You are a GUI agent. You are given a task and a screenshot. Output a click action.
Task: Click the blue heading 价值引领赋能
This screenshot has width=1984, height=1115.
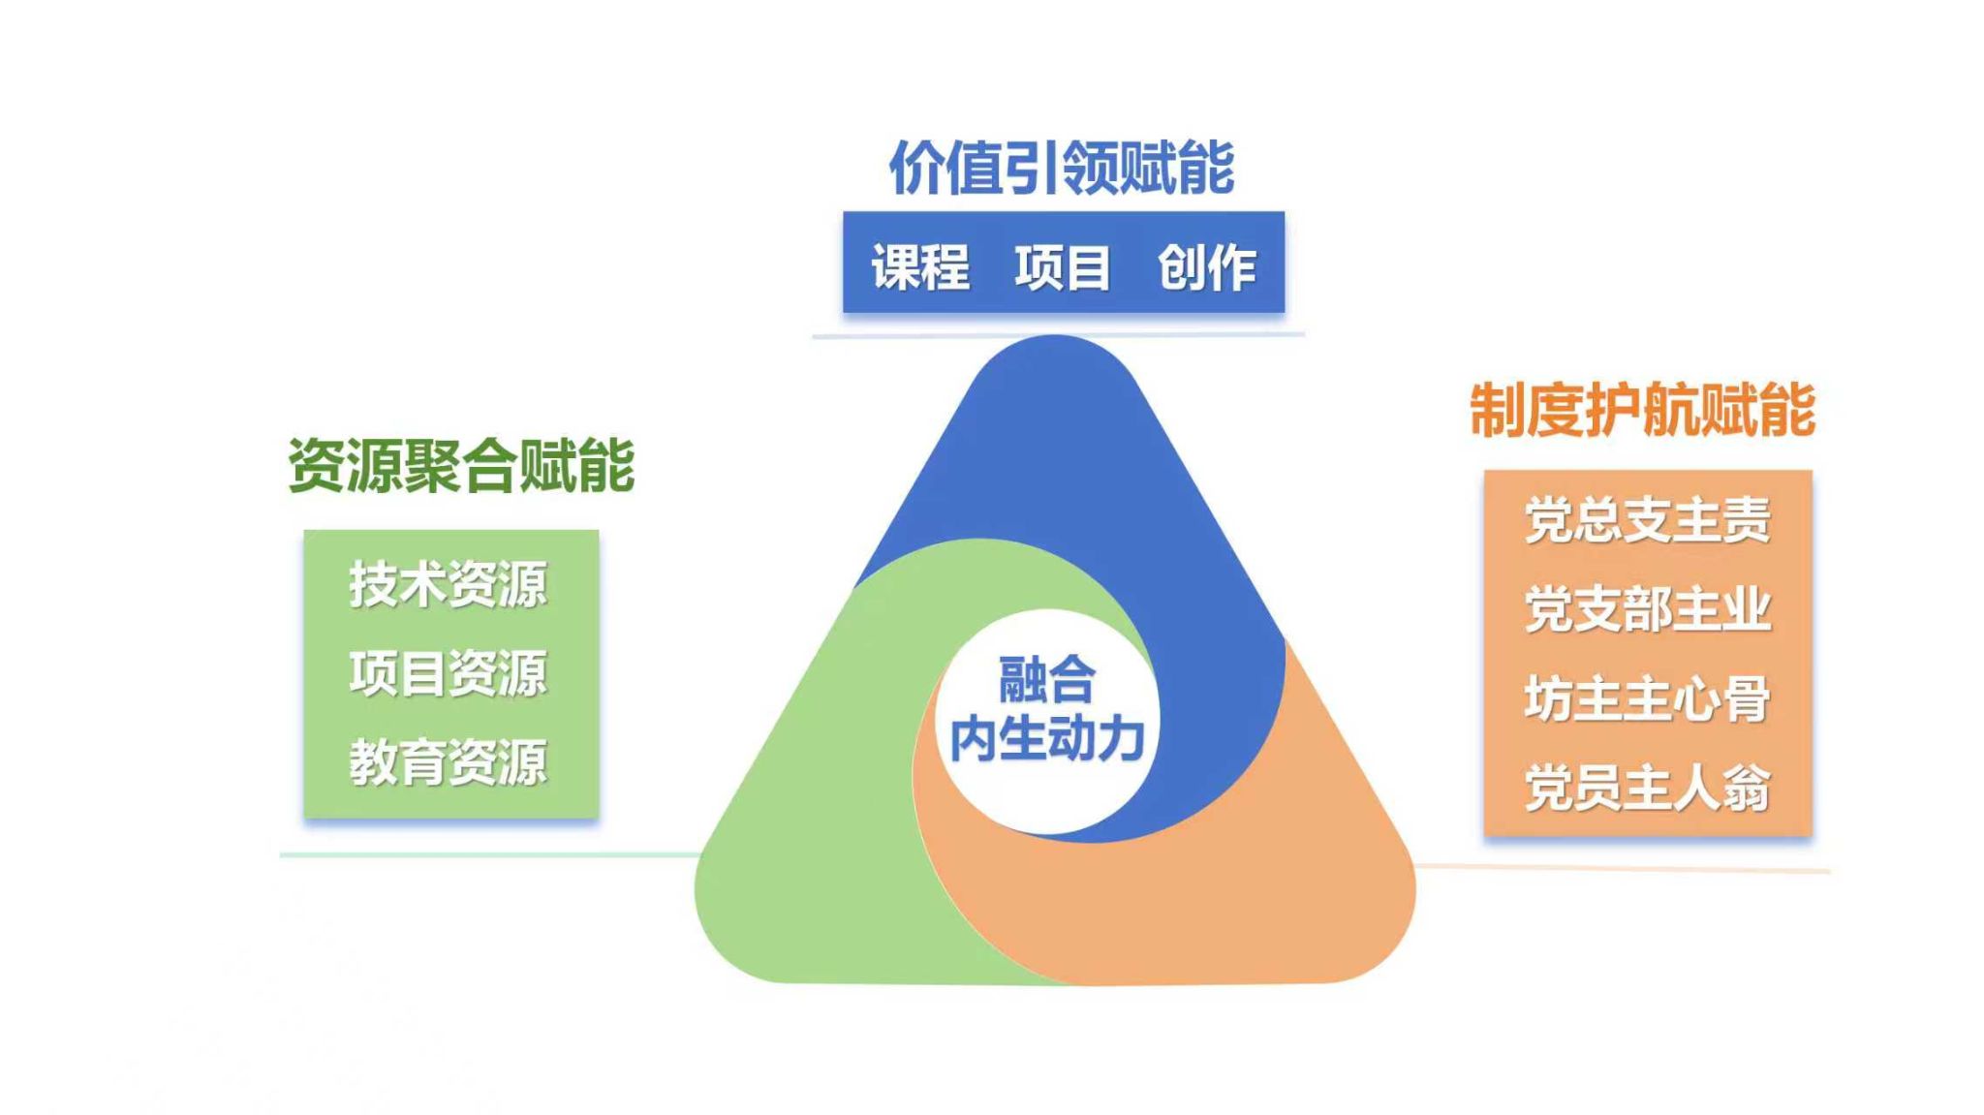click(1062, 168)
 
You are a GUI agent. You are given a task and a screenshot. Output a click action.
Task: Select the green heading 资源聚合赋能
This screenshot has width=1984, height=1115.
click(461, 466)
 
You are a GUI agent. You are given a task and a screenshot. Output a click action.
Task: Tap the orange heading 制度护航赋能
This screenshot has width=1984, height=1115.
click(1642, 410)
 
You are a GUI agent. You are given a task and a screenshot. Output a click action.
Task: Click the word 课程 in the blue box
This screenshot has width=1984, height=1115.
click(920, 266)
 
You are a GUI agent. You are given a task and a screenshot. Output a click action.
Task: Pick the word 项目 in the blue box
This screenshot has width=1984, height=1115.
click(1063, 266)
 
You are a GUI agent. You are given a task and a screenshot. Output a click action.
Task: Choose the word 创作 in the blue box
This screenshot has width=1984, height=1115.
click(1207, 266)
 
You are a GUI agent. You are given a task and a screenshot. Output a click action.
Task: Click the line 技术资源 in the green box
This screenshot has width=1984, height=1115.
click(449, 584)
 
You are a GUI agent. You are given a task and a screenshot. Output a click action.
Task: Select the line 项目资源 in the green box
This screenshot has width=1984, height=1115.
click(449, 673)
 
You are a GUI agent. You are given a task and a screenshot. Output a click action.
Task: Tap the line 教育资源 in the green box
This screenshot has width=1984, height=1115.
click(449, 762)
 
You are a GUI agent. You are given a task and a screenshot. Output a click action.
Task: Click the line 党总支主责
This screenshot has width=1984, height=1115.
click(1647, 520)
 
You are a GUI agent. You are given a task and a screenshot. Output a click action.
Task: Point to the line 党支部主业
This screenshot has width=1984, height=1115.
click(1647, 609)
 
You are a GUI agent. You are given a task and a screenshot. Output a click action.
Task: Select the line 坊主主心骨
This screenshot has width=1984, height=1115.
click(1647, 698)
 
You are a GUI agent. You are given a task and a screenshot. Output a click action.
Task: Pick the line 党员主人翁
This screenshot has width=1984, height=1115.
click(1647, 788)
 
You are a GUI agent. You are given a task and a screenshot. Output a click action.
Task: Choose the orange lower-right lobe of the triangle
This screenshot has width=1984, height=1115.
click(1259, 891)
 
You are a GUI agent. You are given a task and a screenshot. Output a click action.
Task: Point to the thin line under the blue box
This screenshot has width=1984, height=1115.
click(1058, 335)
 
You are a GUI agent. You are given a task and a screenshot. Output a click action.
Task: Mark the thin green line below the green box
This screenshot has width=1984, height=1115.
click(484, 854)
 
